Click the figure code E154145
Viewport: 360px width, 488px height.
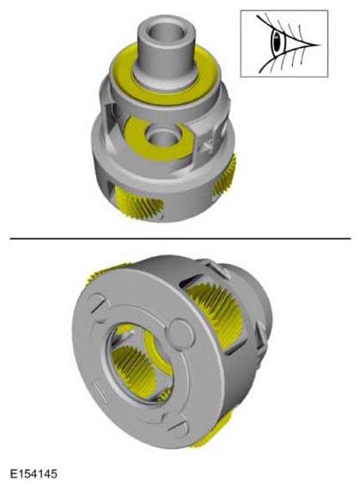pos(34,473)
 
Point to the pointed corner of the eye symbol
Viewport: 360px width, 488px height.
pos(320,45)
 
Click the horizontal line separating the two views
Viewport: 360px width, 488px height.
pos(180,239)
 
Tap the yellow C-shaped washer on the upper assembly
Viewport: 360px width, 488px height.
pos(158,140)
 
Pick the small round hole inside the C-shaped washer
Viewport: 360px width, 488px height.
pos(162,137)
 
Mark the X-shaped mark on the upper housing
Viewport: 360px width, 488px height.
pos(208,143)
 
